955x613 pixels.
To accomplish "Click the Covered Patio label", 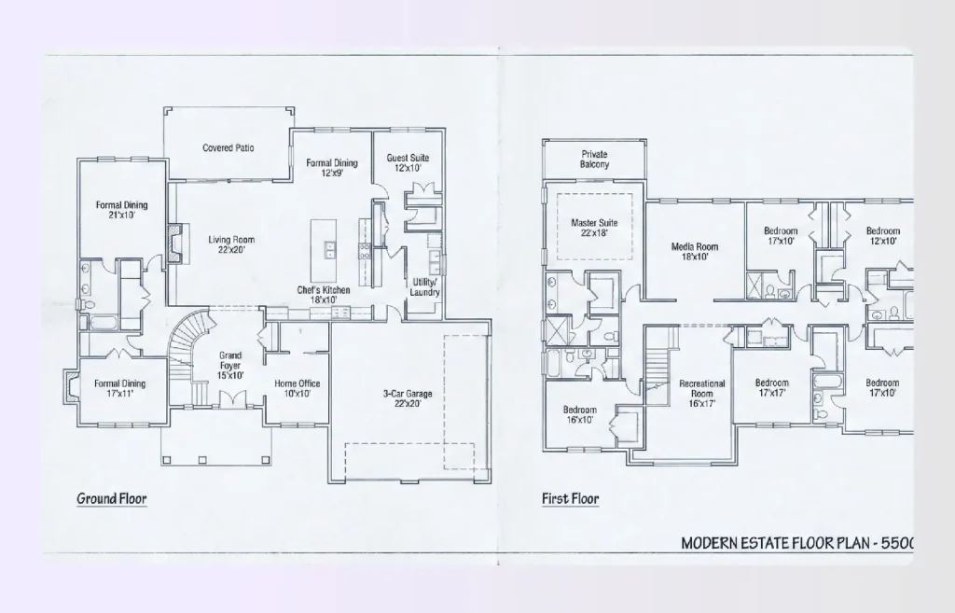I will (228, 148).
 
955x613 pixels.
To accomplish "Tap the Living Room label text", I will (231, 245).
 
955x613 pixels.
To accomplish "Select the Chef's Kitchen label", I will (324, 296).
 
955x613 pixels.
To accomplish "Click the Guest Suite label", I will (408, 163).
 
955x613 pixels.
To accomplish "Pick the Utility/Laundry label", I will (424, 287).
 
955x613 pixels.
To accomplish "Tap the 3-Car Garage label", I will (408, 399).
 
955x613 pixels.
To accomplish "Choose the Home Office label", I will (298, 389).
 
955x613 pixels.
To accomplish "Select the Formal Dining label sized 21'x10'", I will (121, 211).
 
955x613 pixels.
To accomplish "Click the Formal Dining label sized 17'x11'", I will (119, 388).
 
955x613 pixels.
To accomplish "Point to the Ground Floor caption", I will (111, 499).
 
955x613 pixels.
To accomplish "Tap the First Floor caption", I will (570, 499).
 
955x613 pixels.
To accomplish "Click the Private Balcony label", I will (594, 159).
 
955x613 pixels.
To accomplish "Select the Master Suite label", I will (595, 229).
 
